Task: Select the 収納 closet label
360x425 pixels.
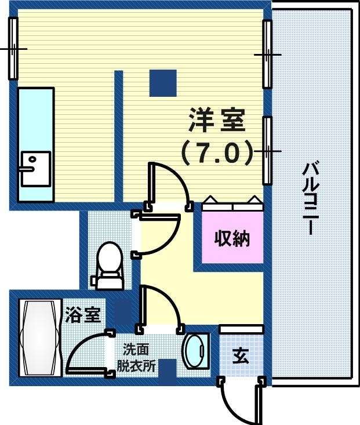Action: [232, 238]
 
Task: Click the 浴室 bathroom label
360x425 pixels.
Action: [83, 315]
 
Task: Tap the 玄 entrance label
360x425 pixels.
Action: [241, 356]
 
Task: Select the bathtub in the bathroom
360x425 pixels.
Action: [39, 338]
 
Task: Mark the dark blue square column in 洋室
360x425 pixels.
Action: [163, 83]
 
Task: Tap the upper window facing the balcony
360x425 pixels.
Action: [267, 54]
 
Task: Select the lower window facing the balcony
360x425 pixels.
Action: [267, 150]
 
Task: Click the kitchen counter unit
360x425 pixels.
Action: [35, 144]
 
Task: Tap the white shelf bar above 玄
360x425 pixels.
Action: [241, 329]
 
